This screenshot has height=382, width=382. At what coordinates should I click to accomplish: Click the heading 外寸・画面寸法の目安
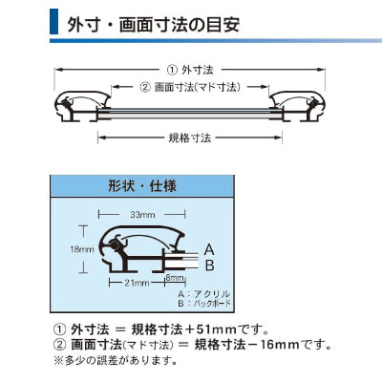pos(154,25)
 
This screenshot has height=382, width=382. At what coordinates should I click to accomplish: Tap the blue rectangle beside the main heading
pos(53,22)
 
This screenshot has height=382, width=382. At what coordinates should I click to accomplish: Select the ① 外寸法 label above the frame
pos(190,70)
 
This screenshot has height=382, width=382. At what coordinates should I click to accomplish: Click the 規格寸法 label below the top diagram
pos(190,138)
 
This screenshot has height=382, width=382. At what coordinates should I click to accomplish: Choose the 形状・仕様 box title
pos(142,186)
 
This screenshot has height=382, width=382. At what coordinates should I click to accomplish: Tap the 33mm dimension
pos(142,215)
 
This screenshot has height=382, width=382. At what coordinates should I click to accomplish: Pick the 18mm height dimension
pos(82,249)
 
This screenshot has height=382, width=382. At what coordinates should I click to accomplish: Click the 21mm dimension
pos(137,283)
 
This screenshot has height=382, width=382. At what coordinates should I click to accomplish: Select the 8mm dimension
pos(175,278)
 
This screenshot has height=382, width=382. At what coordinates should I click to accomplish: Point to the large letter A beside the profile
pos(209,249)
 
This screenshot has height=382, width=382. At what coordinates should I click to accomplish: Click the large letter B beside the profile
pos(209,265)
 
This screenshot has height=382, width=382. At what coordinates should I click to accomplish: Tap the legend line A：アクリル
pos(203,293)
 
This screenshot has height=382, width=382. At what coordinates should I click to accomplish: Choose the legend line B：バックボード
pos(204,303)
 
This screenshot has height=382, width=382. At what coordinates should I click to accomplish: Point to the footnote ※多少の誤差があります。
pos(117,360)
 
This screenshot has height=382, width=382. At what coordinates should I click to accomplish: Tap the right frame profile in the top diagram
pos(297,107)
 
